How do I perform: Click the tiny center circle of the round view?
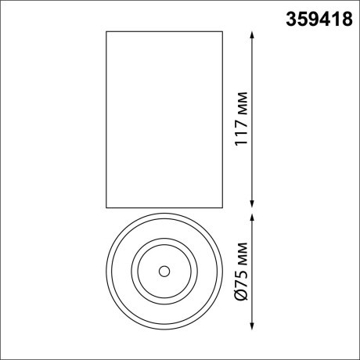coord(164,272)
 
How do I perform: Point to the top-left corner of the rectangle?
coord(105,31)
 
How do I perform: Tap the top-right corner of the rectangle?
coord(222,31)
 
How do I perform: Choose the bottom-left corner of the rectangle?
coord(105,209)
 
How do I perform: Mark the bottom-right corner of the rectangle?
coord(222,209)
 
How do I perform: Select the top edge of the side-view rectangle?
coord(164,31)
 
